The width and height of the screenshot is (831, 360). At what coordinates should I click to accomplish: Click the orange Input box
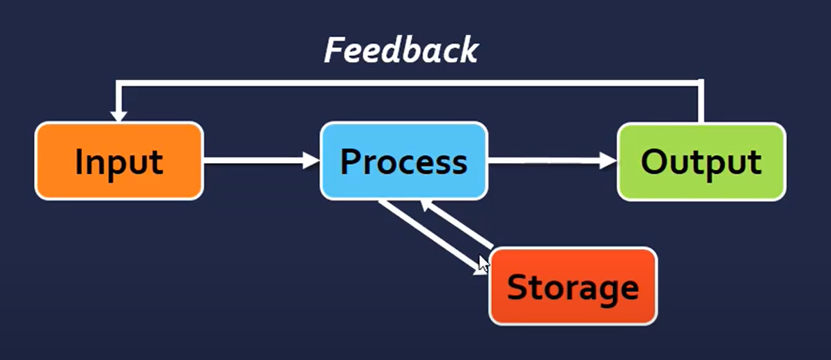119,161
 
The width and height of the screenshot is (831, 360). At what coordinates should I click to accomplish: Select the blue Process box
404,161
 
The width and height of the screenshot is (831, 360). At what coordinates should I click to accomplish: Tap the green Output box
701,162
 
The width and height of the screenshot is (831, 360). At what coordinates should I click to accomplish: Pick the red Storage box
573,286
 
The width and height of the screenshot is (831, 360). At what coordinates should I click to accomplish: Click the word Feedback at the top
401,52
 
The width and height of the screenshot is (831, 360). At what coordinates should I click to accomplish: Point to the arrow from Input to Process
262,160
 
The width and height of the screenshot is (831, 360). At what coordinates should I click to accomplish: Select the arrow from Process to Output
552,160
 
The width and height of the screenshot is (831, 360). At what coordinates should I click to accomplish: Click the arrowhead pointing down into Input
118,116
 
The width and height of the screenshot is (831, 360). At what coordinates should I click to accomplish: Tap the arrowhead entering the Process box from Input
311,160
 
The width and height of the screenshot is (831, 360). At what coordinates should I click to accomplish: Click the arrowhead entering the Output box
608,160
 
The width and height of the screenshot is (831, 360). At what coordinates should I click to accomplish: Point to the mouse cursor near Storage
483,264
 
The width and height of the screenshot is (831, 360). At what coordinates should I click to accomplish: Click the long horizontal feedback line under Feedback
408,83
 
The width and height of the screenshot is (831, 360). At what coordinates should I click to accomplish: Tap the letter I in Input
79,162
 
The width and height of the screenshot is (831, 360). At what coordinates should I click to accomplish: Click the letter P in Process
350,162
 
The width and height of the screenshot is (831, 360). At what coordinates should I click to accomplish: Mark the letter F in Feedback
334,52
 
